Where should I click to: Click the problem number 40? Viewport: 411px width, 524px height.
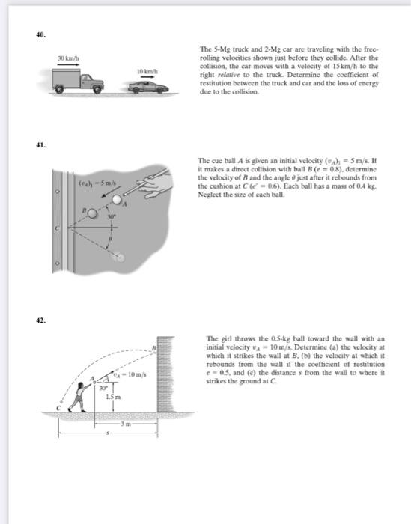[40, 34]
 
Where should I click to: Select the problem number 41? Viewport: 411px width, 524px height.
[40, 145]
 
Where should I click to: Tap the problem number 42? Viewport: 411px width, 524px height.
[40, 320]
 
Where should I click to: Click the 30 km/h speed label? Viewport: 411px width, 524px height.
[68, 58]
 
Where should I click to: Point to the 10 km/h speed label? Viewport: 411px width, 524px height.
[147, 71]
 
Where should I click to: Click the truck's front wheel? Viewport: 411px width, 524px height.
[97, 89]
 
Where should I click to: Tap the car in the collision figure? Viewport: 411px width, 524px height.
[148, 88]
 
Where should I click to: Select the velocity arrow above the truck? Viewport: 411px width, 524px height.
[68, 64]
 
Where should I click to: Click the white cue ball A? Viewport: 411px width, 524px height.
[117, 200]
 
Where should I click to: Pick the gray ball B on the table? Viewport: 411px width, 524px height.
[92, 213]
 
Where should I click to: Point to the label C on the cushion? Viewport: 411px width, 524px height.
[57, 228]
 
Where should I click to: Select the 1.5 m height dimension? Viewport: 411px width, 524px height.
[113, 397]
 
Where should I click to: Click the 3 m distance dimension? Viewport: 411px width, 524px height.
[125, 424]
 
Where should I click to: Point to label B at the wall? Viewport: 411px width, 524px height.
[154, 348]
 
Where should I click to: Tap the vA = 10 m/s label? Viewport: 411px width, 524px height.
[130, 374]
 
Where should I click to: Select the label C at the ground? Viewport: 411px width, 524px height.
[58, 408]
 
